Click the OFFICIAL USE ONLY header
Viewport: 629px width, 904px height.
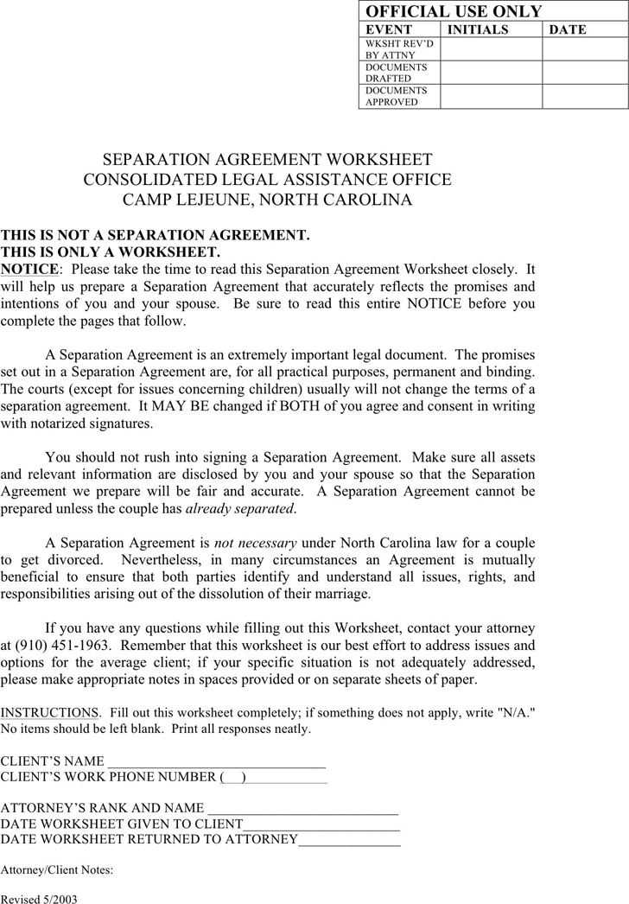454,11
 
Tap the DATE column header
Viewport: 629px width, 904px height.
568,29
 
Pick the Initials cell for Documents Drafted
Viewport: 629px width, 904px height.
491,73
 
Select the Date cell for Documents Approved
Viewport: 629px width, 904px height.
585,96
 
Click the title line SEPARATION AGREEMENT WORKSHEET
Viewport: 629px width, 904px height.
267,160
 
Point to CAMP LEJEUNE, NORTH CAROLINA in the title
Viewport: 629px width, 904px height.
267,201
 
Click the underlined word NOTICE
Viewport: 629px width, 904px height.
29,270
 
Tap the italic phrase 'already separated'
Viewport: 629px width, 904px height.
240,509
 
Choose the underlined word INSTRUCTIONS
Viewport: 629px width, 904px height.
49,713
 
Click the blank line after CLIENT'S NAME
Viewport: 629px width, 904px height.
215,762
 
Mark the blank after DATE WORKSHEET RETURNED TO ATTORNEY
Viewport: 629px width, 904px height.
349,839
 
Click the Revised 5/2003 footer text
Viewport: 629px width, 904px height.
39,899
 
